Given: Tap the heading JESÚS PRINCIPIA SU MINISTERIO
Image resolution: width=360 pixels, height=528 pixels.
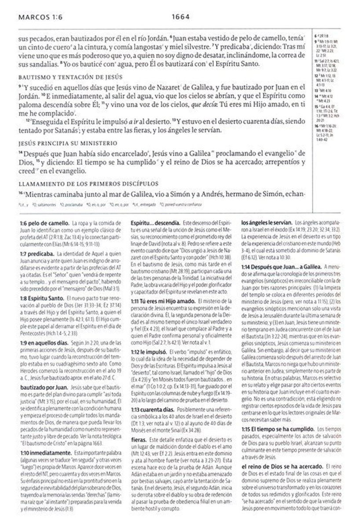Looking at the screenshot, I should (x=61, y=143).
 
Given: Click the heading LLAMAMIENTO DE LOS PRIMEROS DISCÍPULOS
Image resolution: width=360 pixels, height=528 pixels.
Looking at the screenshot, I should (x=82, y=183).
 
